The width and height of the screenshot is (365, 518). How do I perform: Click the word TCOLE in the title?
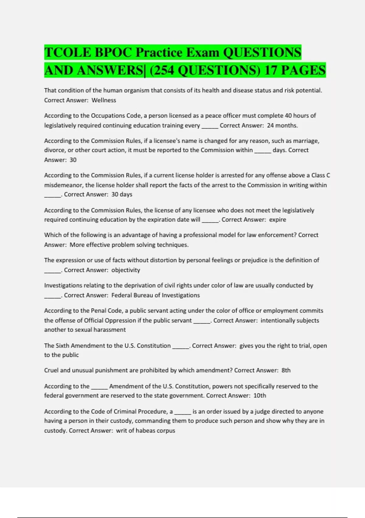click(68, 52)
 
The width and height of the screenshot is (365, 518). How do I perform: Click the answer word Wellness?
click(104, 100)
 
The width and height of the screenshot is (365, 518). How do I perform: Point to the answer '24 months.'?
click(282, 125)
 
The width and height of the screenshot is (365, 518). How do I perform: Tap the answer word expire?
click(277, 220)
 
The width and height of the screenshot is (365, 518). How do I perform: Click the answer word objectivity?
click(126, 270)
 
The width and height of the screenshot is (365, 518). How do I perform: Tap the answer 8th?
click(286, 371)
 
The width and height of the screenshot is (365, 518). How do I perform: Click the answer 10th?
click(260, 396)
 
